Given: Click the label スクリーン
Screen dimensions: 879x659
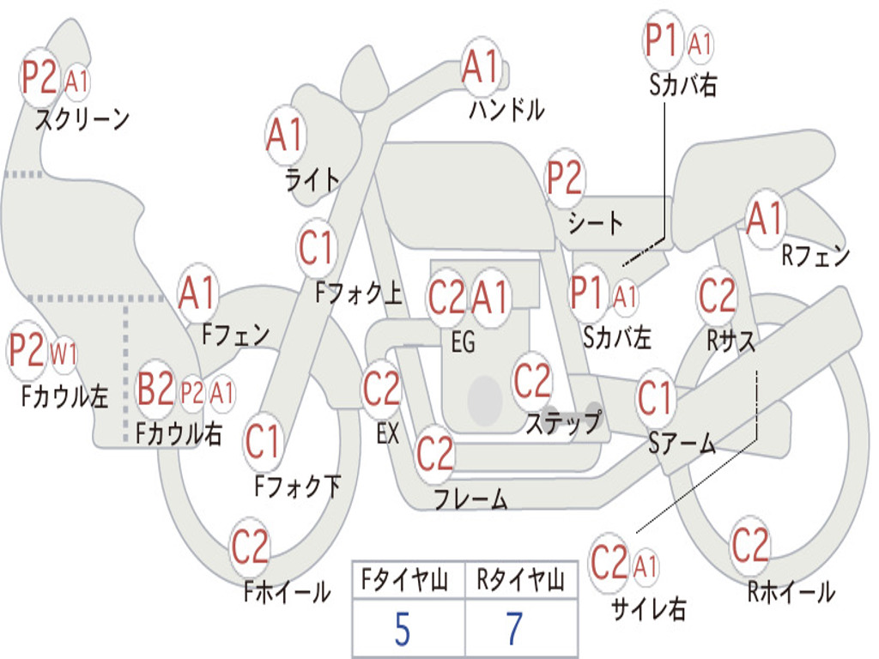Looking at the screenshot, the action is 82,118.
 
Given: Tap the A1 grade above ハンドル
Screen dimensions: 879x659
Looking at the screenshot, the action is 480,67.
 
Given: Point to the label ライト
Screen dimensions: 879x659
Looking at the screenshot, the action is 312,179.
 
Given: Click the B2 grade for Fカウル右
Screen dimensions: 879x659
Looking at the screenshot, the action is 156,389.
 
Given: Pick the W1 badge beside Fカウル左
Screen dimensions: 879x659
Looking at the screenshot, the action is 64,353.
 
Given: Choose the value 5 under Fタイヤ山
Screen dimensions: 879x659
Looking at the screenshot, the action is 402,629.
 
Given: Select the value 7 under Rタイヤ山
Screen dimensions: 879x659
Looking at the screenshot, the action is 514,629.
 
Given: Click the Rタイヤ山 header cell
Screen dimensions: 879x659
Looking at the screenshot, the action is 520,583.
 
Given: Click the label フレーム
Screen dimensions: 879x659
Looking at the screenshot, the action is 470,499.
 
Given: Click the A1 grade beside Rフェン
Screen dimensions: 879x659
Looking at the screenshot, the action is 765,220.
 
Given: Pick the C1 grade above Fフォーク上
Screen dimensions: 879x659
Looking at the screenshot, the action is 317,249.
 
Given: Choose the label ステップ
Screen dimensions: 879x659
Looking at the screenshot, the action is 563,423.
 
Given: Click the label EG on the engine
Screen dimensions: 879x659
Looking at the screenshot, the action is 463,342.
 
